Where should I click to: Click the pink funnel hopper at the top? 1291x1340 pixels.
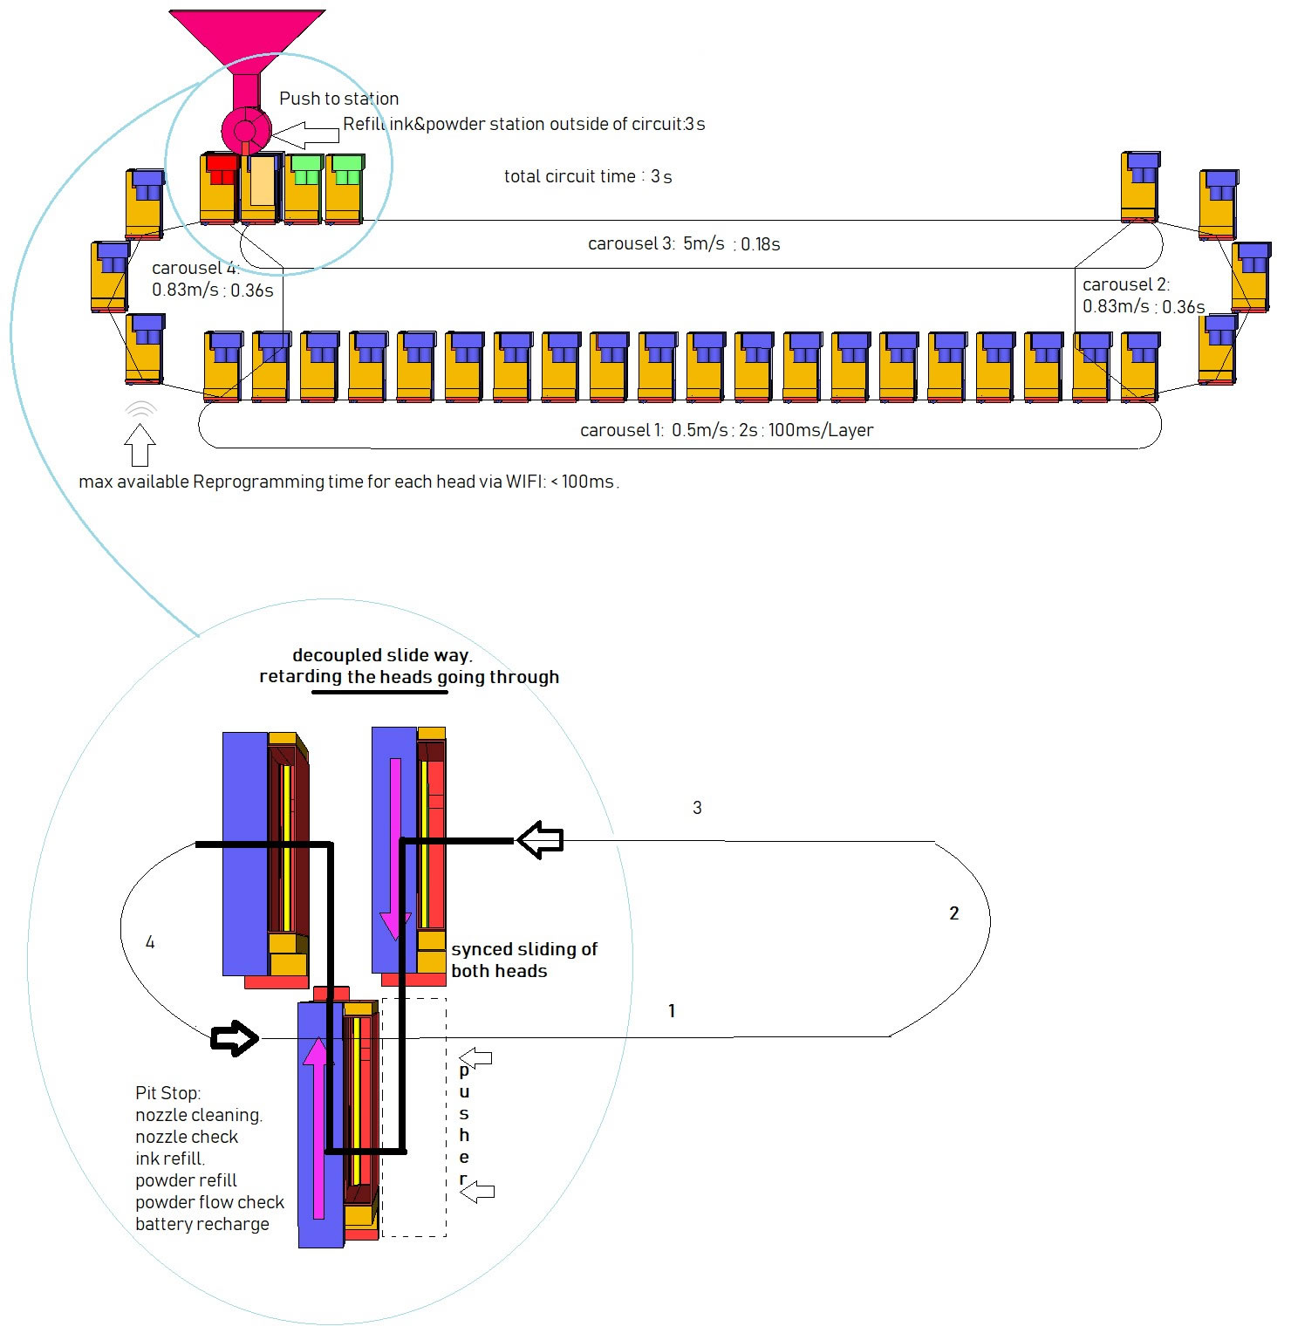point(247,39)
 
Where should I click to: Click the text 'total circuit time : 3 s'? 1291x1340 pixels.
point(587,176)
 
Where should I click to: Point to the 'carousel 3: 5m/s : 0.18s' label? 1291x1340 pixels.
point(683,244)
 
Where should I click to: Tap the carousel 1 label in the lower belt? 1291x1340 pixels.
point(726,430)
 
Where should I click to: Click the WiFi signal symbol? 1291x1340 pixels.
point(140,409)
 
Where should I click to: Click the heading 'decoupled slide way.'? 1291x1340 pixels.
point(381,655)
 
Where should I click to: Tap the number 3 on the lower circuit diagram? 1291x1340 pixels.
point(697,808)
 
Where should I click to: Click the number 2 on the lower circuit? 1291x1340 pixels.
point(953,913)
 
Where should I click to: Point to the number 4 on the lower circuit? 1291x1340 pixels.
point(150,942)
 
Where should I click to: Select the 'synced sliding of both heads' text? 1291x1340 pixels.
point(523,960)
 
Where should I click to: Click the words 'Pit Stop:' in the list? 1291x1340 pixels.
point(167,1093)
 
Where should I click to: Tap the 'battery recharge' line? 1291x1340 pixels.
point(202,1224)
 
